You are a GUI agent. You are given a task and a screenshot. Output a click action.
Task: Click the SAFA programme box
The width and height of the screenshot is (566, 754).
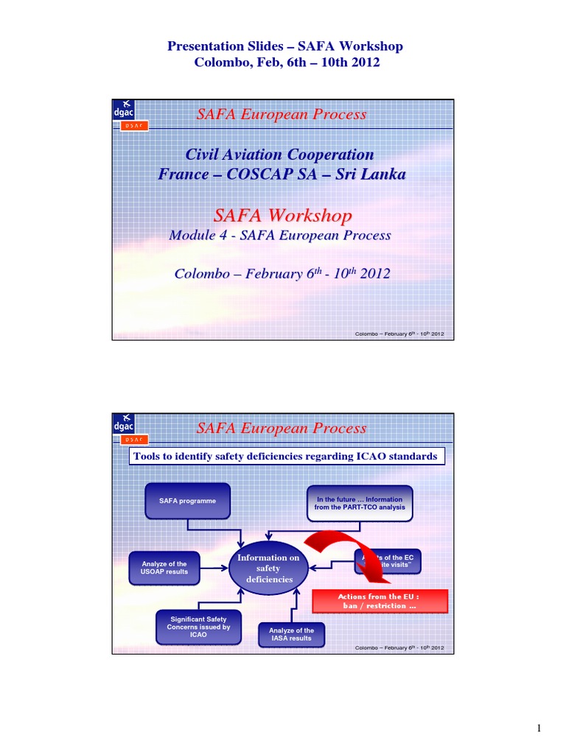188,501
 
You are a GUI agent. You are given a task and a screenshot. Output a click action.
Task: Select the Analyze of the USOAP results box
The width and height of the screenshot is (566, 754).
164,568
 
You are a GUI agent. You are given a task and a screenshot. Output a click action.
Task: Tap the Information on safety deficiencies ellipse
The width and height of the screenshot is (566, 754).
268,568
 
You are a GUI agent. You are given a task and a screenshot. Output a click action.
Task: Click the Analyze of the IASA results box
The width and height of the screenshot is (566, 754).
291,634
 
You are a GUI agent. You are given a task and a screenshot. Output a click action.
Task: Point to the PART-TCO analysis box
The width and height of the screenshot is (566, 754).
359,504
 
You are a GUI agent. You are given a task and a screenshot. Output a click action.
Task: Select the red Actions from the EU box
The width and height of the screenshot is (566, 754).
380,601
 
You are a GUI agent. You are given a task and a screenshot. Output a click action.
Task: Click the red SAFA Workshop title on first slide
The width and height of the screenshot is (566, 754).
282,215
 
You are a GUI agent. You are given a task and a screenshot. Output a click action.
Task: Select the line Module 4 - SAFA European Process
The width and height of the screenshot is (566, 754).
280,236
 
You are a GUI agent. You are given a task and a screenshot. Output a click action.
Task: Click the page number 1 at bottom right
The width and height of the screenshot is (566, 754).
539,729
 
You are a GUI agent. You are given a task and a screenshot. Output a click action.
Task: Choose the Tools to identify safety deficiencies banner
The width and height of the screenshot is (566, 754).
286,457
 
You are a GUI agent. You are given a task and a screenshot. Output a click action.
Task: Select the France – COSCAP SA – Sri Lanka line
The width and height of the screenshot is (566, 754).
282,175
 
